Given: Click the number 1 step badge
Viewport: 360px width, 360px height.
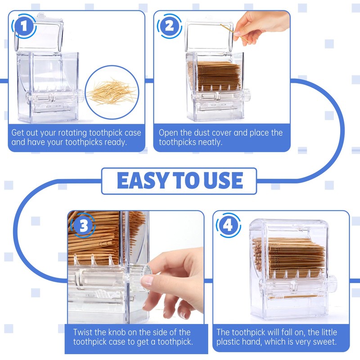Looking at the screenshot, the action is tap(24, 27).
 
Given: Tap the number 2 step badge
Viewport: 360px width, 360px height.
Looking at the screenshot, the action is tap(170, 26).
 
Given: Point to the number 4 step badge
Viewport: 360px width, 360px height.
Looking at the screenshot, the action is tap(228, 225).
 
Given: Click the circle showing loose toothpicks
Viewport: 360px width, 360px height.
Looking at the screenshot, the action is tap(112, 92).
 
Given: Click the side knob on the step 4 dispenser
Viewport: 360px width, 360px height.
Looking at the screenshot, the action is tap(333, 282).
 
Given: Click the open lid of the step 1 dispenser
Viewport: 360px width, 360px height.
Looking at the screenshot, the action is tap(39, 32).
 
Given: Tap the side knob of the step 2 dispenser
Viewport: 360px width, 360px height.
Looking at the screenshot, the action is tap(246, 95).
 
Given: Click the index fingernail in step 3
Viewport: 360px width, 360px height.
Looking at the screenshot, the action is tap(147, 280).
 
